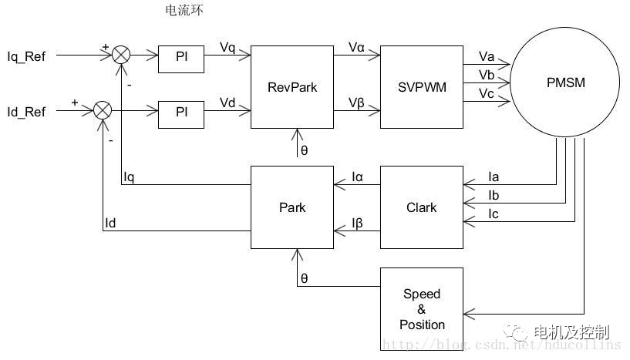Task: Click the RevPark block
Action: point(292,86)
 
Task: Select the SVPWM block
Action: point(421,86)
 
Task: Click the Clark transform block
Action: point(421,207)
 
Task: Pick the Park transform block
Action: point(292,207)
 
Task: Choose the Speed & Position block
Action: point(422,309)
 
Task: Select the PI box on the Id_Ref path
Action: point(181,112)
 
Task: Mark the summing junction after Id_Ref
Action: point(103,111)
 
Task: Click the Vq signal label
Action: point(227,48)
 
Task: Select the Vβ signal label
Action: point(356,103)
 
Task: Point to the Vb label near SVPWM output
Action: point(486,75)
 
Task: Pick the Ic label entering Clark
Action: point(494,214)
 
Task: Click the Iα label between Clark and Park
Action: point(357,177)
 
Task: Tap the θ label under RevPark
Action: point(305,150)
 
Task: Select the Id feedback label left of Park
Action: point(111,224)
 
